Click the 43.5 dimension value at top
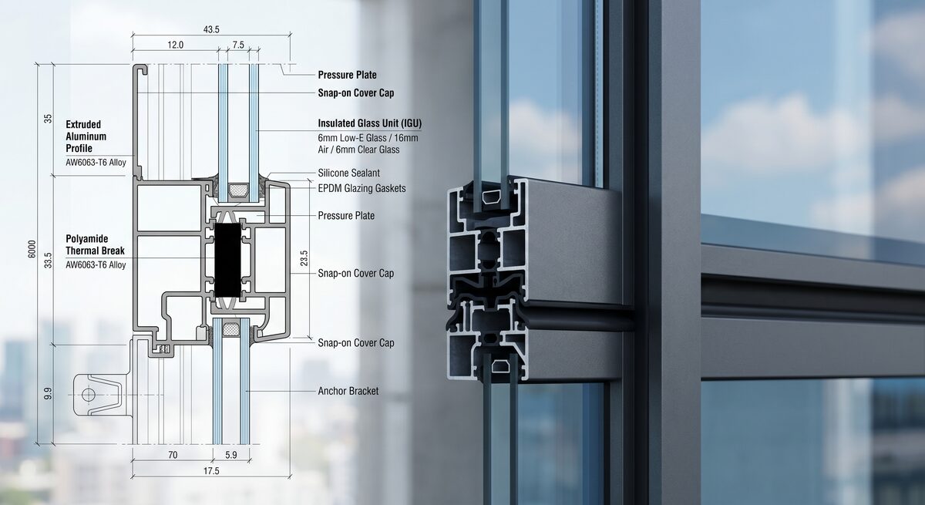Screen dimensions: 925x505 [x=211, y=30]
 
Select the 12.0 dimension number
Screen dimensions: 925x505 [x=175, y=45]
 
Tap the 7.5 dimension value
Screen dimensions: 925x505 [x=238, y=45]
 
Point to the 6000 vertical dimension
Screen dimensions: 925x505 [x=32, y=249]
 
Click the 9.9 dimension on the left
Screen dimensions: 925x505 [x=48, y=393]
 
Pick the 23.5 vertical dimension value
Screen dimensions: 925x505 [x=304, y=258]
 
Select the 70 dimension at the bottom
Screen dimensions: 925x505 [x=173, y=455]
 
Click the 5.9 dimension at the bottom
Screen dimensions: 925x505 [x=231, y=455]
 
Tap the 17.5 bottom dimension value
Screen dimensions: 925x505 [x=211, y=471]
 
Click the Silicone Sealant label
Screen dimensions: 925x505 [x=348, y=173]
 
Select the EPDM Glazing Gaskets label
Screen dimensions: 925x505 [x=362, y=188]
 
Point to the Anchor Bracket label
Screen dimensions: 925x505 [x=348, y=391]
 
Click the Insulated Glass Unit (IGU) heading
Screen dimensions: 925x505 [x=369, y=123]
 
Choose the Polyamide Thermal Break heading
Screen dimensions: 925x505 [x=95, y=245]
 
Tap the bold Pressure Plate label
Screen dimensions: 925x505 [x=348, y=75]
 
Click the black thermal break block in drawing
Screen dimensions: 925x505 [x=227, y=260]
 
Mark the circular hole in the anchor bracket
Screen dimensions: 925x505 [x=89, y=394]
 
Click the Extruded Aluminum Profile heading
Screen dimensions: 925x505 [x=86, y=136]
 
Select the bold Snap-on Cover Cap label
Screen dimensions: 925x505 [x=356, y=93]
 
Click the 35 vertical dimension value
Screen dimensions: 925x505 [x=48, y=119]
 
